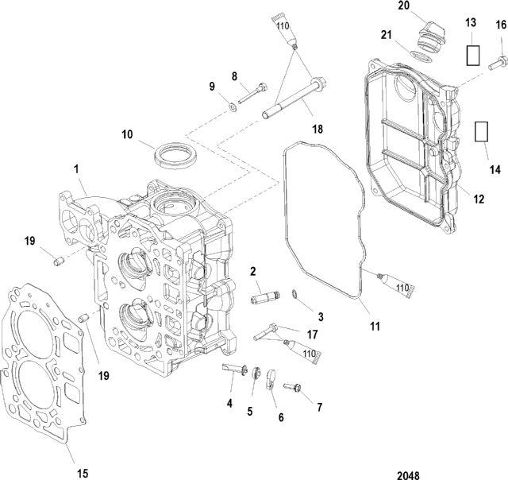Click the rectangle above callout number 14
point(481,132)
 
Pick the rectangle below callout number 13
point(473,56)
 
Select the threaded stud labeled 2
point(265,297)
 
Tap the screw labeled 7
point(292,386)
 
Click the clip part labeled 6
point(271,379)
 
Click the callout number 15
point(83,473)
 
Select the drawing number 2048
point(408,475)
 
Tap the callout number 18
point(317,129)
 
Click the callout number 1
point(76,169)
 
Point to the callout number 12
point(479,199)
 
